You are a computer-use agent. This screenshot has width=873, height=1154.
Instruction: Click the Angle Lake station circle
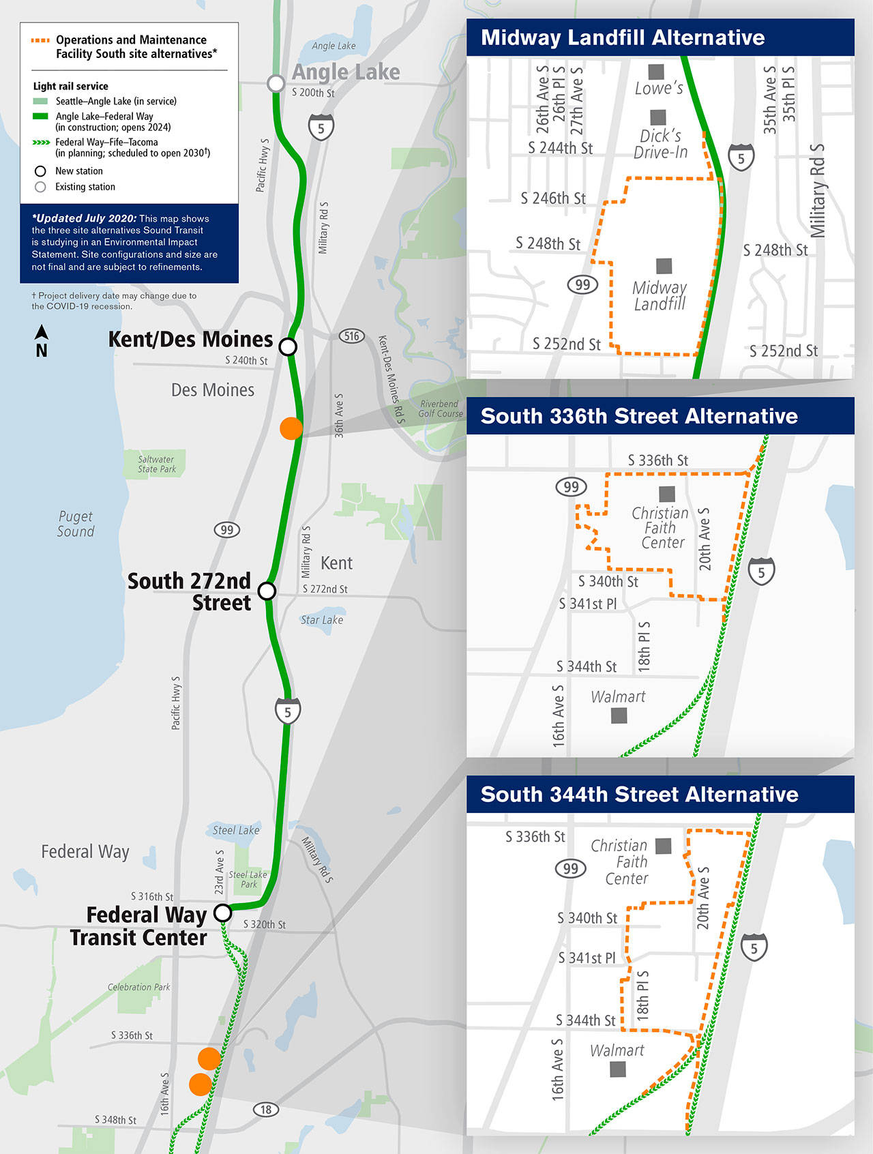click(276, 83)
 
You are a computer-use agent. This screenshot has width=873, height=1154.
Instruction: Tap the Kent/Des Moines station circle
click(288, 346)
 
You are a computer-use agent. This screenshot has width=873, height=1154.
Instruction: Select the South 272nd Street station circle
click(267, 591)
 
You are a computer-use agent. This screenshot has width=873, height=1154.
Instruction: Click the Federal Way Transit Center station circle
click(222, 913)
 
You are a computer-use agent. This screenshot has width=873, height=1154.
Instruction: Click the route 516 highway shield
click(351, 336)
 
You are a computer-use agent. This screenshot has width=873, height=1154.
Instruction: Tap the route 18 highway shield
click(266, 1110)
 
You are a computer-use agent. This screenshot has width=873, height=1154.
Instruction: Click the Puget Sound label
click(76, 524)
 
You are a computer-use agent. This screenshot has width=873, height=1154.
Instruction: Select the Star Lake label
click(322, 620)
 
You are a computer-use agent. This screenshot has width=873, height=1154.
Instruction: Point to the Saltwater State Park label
click(157, 464)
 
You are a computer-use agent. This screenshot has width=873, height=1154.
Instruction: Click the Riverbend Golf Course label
click(440, 409)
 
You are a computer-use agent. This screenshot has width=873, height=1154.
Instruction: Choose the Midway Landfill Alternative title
click(623, 38)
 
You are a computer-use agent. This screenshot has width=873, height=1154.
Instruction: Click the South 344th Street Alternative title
click(639, 795)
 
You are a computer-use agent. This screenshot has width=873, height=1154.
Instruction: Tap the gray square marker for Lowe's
click(656, 71)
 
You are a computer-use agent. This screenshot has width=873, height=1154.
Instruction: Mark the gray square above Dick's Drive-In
click(658, 117)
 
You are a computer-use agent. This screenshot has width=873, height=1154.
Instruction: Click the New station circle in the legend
click(40, 171)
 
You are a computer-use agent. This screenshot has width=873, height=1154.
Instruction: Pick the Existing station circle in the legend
click(40, 187)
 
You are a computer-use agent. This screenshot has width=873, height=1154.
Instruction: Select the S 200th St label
click(313, 93)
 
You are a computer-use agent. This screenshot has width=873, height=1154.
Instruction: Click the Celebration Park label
click(138, 987)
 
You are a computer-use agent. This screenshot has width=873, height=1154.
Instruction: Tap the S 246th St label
click(553, 198)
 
